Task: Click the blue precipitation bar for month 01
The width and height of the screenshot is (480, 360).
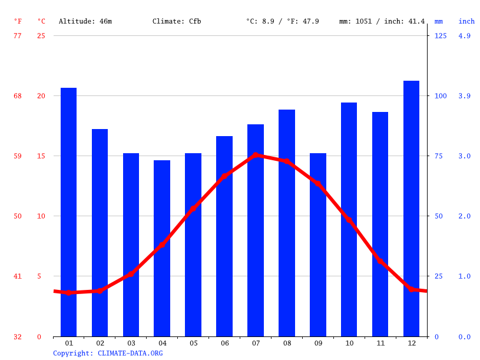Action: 69,212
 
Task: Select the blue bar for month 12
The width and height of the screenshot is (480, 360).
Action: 411,209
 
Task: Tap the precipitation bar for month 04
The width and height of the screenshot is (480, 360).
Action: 162,248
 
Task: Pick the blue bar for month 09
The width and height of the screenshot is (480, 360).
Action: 318,245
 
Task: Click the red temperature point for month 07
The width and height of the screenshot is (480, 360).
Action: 256,155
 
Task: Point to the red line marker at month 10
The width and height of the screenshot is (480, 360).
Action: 349,220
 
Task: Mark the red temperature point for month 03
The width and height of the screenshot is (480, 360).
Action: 131,274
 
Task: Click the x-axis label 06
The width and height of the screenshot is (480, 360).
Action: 224,343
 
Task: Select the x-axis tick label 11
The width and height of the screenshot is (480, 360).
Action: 380,343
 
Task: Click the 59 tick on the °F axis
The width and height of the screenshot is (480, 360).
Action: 18,156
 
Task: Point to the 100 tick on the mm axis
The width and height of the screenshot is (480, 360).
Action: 440,95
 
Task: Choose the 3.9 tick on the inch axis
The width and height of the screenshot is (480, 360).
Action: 464,95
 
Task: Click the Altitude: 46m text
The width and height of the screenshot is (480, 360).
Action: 85,21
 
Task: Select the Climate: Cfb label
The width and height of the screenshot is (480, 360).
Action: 177,21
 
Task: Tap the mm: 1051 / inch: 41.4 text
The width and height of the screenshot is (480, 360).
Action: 382,21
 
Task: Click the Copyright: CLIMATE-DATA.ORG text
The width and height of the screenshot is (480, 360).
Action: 108,353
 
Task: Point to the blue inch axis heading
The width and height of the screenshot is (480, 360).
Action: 466,21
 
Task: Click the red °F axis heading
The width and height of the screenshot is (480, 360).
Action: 18,21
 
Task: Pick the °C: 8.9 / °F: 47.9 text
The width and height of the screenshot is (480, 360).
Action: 283,21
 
